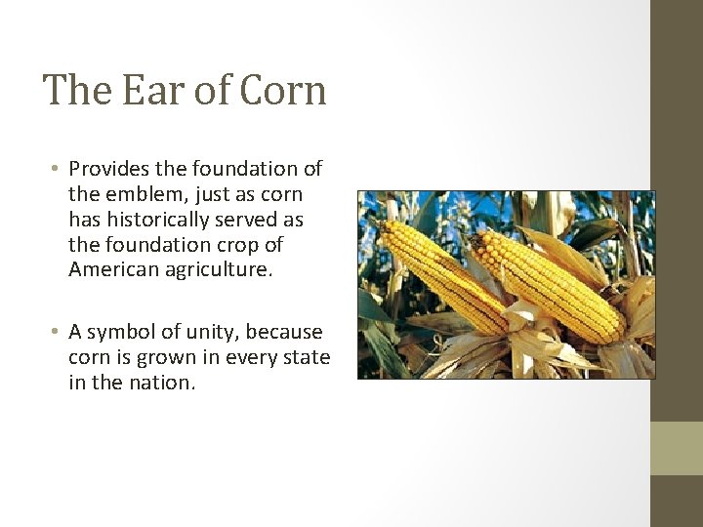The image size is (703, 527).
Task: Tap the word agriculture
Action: click(x=221, y=269)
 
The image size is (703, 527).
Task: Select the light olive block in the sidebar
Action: click(x=677, y=448)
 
